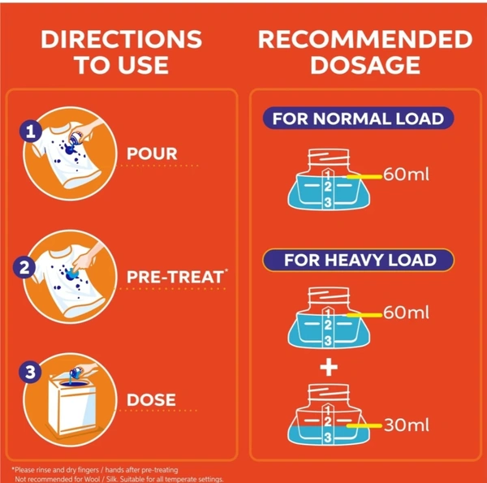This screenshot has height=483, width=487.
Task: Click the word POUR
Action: (152, 153)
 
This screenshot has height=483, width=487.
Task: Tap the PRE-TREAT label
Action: (177, 277)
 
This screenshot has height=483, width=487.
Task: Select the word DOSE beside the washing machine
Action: (151, 399)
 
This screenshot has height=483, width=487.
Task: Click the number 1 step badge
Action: (31, 132)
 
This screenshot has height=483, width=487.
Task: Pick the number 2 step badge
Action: (24, 267)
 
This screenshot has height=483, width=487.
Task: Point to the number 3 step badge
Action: (30, 372)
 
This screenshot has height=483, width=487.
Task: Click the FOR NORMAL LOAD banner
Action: (359, 119)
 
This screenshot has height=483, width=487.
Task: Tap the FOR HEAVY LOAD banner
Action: (359, 260)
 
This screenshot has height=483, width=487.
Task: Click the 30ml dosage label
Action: (407, 425)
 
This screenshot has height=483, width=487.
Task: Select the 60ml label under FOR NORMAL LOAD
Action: (407, 174)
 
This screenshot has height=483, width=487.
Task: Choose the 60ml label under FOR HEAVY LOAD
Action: (407, 313)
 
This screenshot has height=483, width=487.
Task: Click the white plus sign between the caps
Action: (329, 367)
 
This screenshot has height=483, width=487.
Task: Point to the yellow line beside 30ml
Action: (364, 425)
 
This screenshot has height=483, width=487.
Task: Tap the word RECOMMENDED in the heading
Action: (365, 40)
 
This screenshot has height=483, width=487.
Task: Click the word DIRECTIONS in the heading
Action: (122, 39)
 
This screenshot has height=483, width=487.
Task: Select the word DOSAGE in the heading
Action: (365, 65)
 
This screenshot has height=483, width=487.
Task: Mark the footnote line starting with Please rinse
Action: (95, 470)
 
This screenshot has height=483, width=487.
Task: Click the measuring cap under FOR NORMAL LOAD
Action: (329, 179)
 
